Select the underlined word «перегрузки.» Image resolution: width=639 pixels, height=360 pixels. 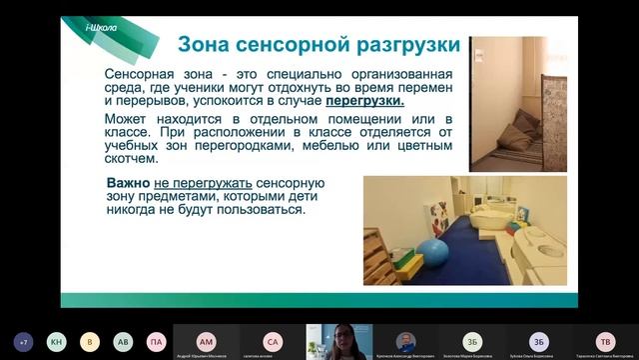tap(365, 101)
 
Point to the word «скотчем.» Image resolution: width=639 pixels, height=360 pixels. tap(131, 158)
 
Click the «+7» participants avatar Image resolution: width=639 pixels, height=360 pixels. tap(23, 341)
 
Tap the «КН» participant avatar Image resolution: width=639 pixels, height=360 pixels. tap(57, 341)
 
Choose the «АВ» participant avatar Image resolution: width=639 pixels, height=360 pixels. tap(123, 341)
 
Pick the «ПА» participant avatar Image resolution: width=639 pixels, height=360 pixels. tap(156, 341)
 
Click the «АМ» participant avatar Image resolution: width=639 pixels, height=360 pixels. tap(206, 340)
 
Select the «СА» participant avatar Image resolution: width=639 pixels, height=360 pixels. tap(273, 340)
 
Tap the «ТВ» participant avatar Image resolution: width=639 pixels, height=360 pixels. tap(604, 340)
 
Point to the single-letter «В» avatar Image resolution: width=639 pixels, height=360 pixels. tap(90, 341)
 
